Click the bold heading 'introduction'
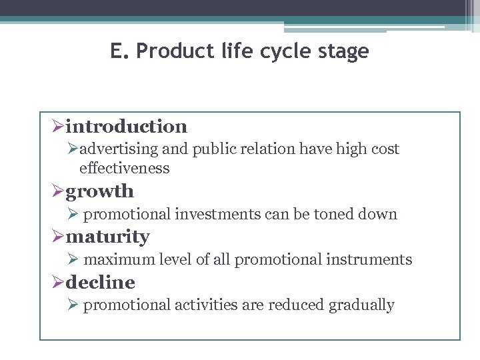[127, 126]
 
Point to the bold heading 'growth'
[100, 191]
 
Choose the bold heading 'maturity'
[108, 237]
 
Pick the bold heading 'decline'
[101, 283]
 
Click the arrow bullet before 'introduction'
[57, 127]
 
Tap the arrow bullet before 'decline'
[57, 283]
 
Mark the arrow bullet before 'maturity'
[57, 237]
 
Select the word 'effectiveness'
[124, 169]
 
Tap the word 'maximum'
[114, 260]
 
